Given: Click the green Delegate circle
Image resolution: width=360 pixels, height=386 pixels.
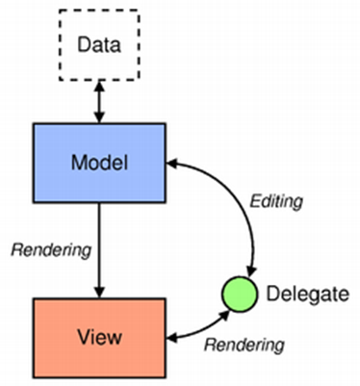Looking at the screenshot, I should (x=238, y=292).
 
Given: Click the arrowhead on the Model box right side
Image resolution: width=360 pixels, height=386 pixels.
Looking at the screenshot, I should (x=174, y=163).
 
